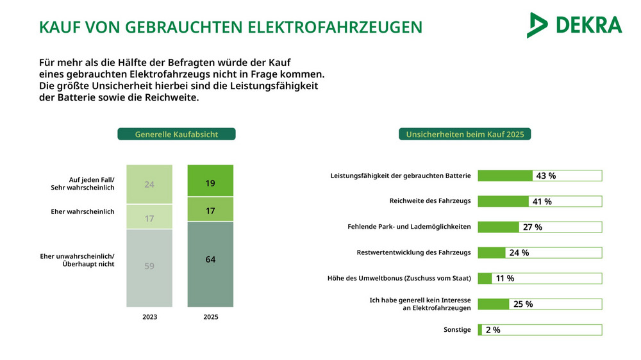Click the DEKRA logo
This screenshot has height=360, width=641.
coord(574,25)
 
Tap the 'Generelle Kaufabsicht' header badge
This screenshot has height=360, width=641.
coord(176,135)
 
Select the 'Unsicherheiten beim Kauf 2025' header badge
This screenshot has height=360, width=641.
coord(465,135)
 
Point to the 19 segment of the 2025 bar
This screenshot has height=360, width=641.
coord(210,183)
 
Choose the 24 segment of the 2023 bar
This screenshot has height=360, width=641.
coord(149,184)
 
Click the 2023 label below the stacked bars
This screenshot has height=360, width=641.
coord(149,317)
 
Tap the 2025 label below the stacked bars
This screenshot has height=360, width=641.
coord(210,317)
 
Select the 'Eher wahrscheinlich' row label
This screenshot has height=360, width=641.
coord(83,211)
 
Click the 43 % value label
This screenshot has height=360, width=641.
coord(545,176)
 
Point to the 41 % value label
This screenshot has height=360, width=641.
coord(542,202)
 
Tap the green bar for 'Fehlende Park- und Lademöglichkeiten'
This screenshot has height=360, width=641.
coord(499,227)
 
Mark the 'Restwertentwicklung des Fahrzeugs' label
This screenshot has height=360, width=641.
coord(413,252)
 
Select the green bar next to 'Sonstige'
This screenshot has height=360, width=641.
coord(479,330)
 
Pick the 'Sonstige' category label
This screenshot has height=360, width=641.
coord(457,330)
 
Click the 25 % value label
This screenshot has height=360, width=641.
coord(523,304)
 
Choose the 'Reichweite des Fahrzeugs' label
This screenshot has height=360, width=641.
coord(430,201)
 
